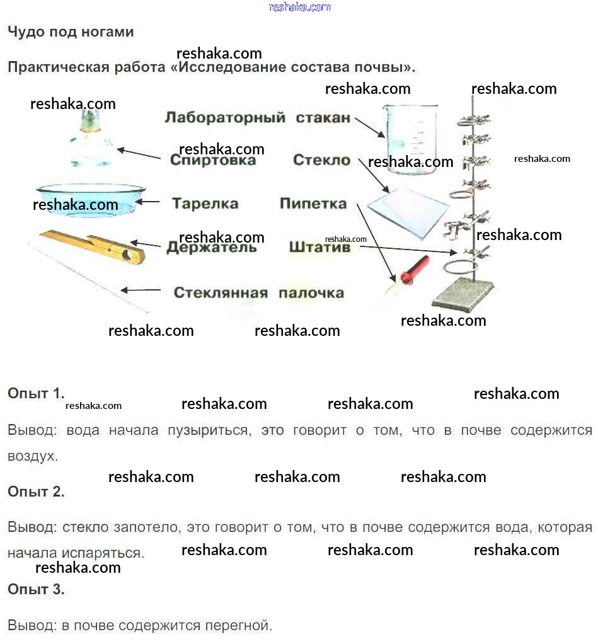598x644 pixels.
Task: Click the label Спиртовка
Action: pos(213,161)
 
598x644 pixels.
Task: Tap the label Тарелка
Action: pos(205,204)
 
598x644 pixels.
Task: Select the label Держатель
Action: pos(212,248)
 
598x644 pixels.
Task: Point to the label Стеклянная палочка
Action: pos(258,293)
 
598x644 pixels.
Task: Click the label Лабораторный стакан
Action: pos(257,118)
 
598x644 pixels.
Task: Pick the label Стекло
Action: pos(321,161)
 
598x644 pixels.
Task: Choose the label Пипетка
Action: pos(313,204)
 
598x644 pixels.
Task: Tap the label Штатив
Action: pos(319,248)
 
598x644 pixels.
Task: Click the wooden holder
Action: pos(95,246)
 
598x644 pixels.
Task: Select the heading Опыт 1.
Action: pos(36,394)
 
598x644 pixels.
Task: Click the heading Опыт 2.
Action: pos(36,492)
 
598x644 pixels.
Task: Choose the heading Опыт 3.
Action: pos(36,590)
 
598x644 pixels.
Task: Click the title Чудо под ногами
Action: pos(71,32)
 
